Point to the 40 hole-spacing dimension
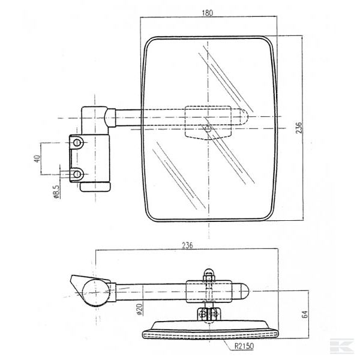pyautogui.click(x=37, y=159)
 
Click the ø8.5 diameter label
pyautogui.click(x=56, y=190)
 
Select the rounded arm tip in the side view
pyautogui.click(x=244, y=292)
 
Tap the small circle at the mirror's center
pyautogui.click(x=208, y=128)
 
